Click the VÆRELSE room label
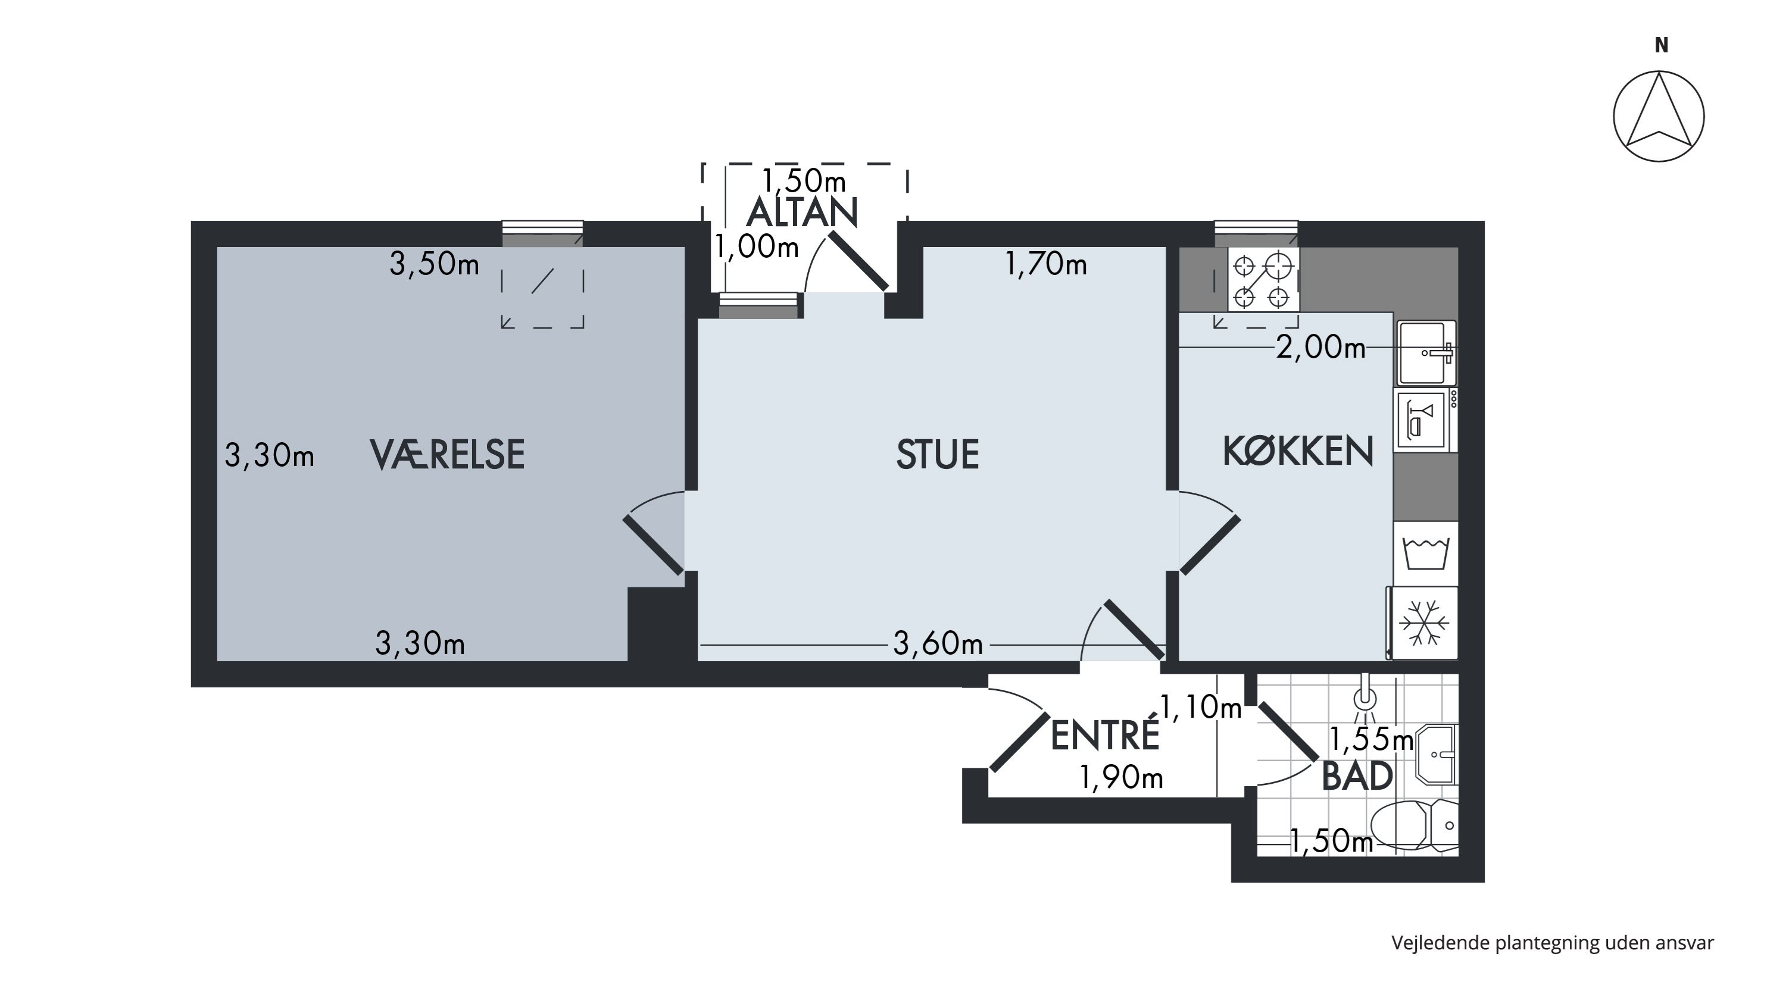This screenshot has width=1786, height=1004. (x=448, y=455)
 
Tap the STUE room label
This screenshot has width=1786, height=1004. (x=938, y=455)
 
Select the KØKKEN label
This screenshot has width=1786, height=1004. (x=1298, y=451)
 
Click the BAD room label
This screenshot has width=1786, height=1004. (x=1357, y=776)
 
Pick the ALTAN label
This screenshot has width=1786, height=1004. (x=802, y=212)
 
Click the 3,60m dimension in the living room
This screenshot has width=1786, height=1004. (x=938, y=645)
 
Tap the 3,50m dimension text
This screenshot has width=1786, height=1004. (x=434, y=264)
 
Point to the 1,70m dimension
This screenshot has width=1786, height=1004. (x=1045, y=264)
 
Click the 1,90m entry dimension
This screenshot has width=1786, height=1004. (x=1121, y=778)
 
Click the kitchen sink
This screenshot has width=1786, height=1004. (x=1425, y=353)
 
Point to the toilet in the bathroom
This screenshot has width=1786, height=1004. (x=1415, y=826)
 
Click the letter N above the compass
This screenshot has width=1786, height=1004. (x=1661, y=45)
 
